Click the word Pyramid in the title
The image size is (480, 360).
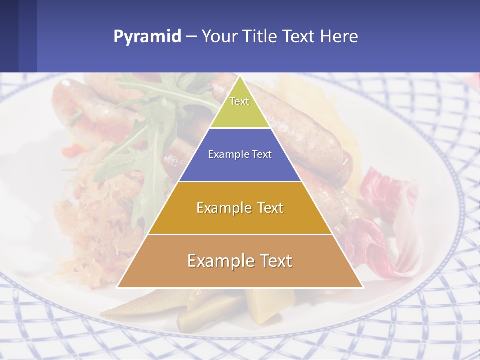tap(147, 37)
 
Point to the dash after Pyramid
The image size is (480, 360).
tap(191, 37)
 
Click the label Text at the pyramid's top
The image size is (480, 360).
tap(239, 101)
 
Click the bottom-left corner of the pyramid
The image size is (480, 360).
tap(117, 287)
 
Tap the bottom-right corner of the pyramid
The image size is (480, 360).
tap(363, 287)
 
